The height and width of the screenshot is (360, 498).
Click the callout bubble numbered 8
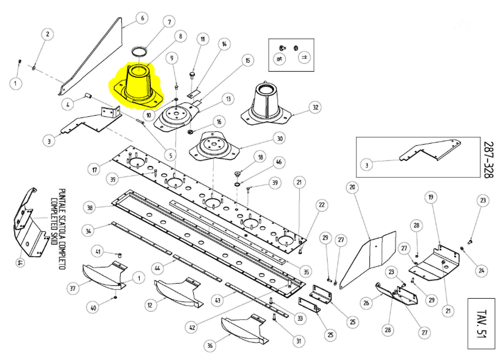(180, 36)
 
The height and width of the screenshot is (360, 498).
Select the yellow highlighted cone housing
(137, 85)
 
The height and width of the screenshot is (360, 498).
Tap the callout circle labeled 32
(316, 107)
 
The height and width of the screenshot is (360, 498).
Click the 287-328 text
(488, 160)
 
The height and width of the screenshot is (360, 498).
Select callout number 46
(278, 162)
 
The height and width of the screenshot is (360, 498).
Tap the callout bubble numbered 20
(353, 188)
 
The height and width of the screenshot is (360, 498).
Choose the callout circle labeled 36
(210, 346)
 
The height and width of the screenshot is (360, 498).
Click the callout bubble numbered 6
(142, 18)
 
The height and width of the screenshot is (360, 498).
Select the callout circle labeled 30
(279, 139)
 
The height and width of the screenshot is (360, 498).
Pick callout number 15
(247, 61)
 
